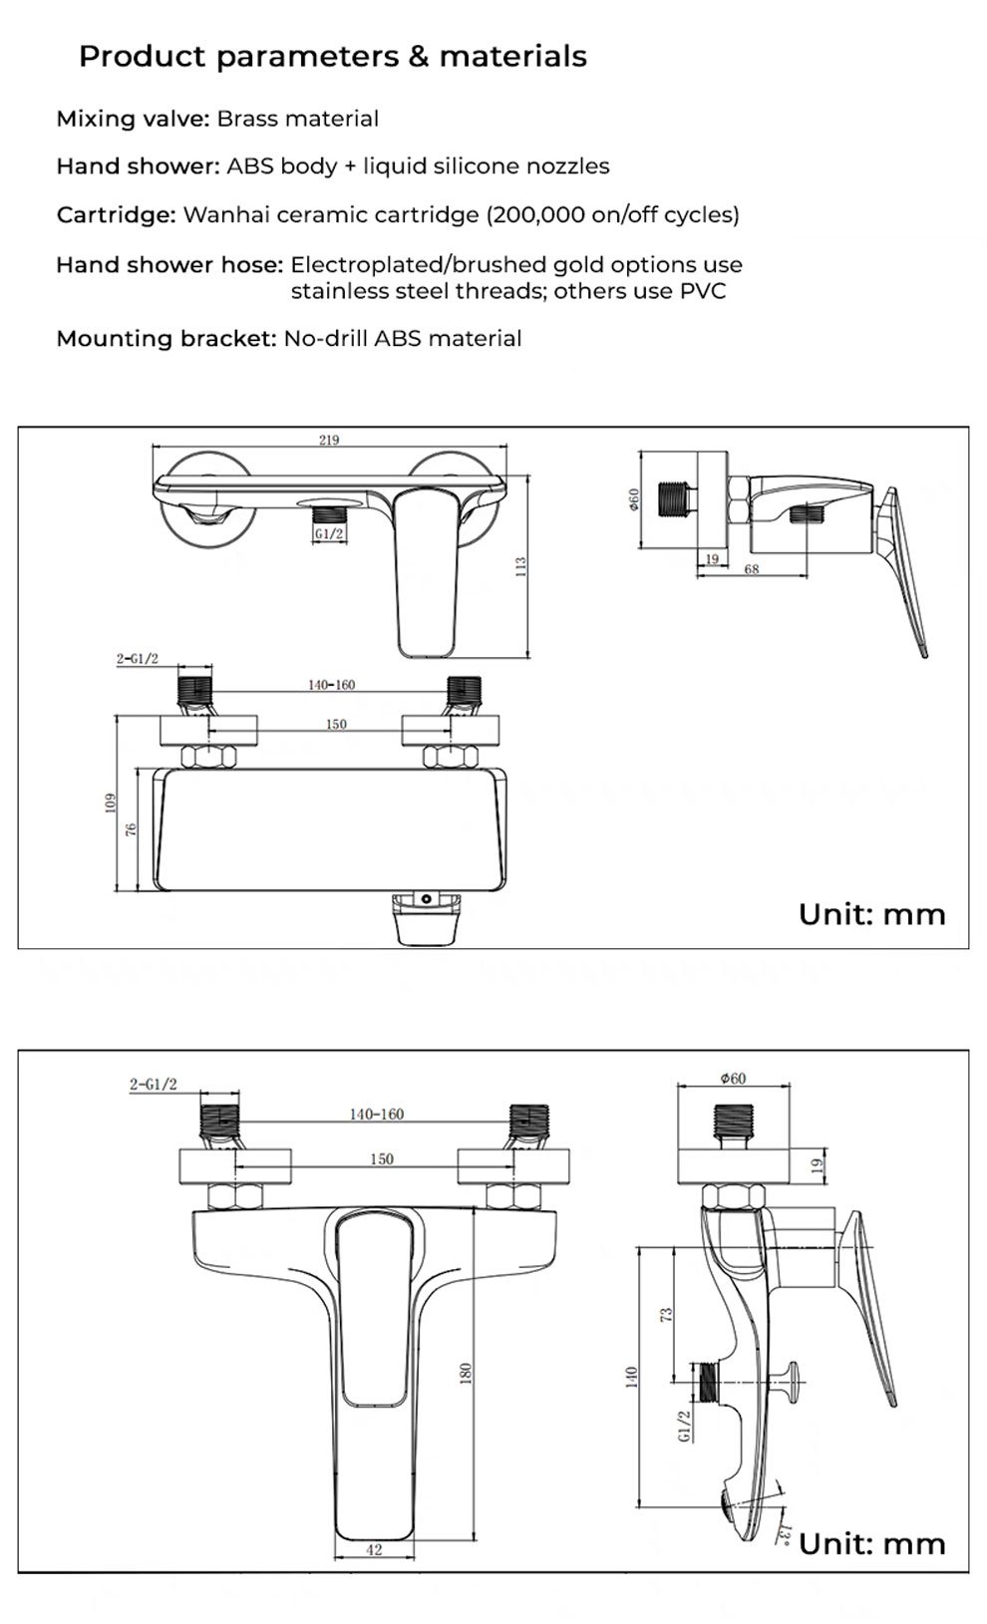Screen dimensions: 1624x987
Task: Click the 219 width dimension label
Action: pyautogui.click(x=329, y=440)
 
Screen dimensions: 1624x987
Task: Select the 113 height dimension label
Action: pyautogui.click(x=520, y=567)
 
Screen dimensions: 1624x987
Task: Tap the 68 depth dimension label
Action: pyautogui.click(x=751, y=569)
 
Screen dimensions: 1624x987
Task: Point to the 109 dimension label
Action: pyautogui.click(x=112, y=803)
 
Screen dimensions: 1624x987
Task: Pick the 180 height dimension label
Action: pyautogui.click(x=465, y=1373)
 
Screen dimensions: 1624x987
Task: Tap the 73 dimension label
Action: pyautogui.click(x=668, y=1315)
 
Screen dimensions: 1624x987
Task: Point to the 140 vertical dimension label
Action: pyautogui.click(x=630, y=1376)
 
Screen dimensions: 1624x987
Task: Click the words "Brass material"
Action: pyautogui.click(x=297, y=119)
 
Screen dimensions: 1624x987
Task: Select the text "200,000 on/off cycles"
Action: pyautogui.click(x=612, y=214)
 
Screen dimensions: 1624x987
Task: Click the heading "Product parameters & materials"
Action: pyautogui.click(x=333, y=57)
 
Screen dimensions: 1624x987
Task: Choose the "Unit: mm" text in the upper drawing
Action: pyautogui.click(x=871, y=914)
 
